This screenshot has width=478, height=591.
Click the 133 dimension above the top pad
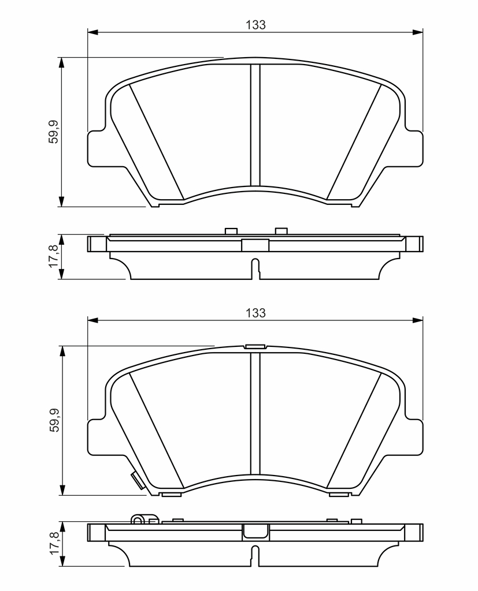tap(255, 25)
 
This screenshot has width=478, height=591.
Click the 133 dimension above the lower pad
tap(255, 313)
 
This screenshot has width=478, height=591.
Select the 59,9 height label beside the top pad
tap(54, 132)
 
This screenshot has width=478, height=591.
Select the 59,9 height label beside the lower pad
tap(54, 420)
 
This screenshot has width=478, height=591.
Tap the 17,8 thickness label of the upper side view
tap(54, 256)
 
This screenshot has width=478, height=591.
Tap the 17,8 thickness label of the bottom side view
tap(54, 543)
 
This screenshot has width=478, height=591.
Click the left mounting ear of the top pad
tap(97, 148)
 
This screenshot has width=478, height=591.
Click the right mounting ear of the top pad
tap(414, 148)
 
